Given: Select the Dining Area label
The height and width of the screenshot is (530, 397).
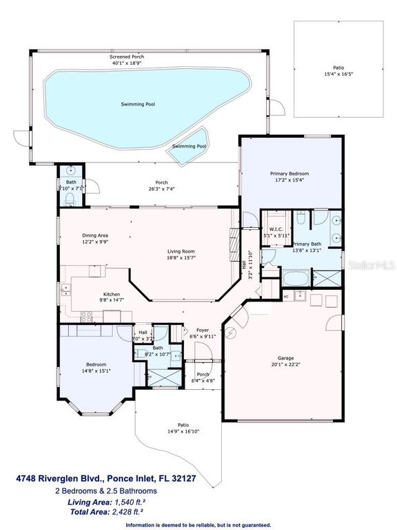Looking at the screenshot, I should pos(95,235).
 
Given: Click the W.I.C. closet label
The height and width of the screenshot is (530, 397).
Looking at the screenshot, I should pos(274,229).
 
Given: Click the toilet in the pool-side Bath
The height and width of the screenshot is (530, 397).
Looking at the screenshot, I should pos(71,201).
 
